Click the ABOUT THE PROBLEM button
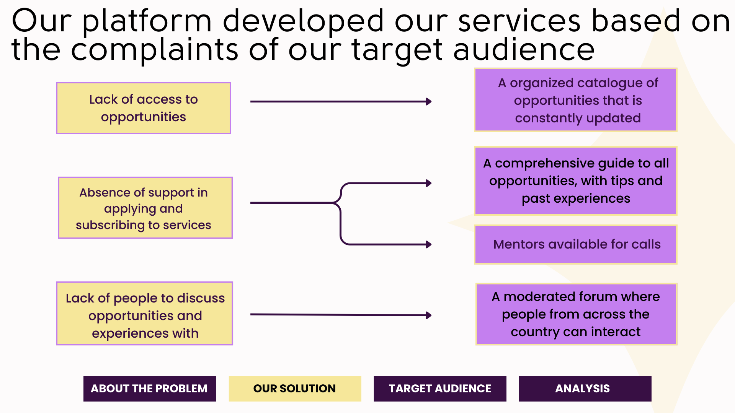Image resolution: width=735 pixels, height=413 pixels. click(x=150, y=389)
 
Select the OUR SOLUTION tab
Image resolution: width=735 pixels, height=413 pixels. click(x=295, y=389)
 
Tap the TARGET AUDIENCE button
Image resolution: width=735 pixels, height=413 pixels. click(x=440, y=389)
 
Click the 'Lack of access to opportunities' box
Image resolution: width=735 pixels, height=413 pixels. click(x=144, y=108)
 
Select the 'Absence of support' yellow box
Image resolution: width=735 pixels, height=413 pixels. click(x=145, y=208)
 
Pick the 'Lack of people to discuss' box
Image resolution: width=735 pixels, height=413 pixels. click(x=145, y=314)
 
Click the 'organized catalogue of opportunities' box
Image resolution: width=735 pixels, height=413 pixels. click(x=576, y=100)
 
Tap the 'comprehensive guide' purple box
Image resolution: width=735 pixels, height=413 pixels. click(x=576, y=181)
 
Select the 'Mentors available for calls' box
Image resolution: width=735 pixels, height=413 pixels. click(x=576, y=244)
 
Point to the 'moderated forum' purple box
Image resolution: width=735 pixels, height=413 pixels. click(x=576, y=314)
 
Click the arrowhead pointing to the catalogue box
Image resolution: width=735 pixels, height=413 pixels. click(x=429, y=102)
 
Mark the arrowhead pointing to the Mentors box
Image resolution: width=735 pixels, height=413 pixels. click(x=429, y=244)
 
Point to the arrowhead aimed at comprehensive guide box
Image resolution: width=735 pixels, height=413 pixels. click(x=429, y=183)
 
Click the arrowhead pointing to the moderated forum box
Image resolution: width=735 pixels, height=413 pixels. click(x=429, y=315)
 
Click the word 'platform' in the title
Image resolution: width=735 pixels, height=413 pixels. click(x=147, y=21)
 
